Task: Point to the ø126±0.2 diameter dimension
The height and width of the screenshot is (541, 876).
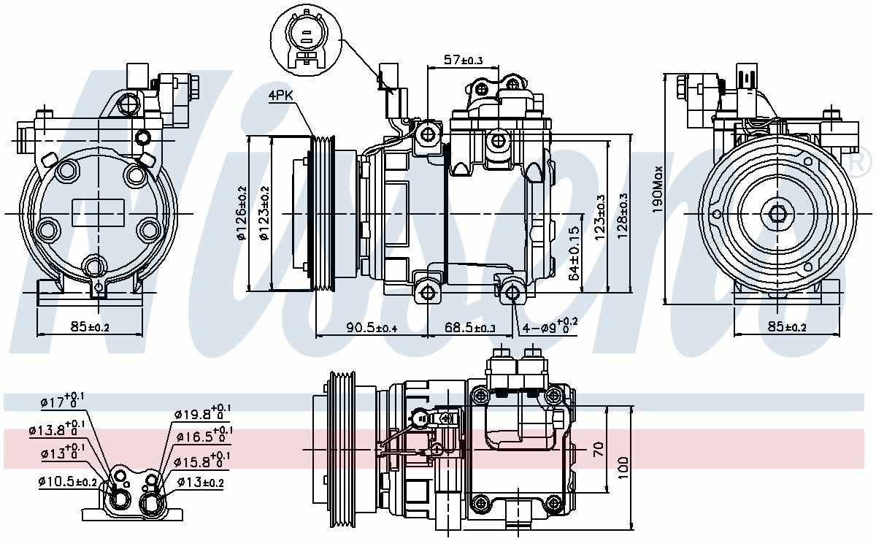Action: tap(242, 213)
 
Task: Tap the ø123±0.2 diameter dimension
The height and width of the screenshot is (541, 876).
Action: tap(264, 213)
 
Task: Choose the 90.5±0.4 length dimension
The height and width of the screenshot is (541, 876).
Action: tap(372, 328)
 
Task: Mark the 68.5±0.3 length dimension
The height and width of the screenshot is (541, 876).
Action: tap(469, 328)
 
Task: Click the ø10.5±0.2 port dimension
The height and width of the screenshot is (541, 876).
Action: tap(68, 482)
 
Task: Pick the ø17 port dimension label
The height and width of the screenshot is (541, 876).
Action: tap(64, 400)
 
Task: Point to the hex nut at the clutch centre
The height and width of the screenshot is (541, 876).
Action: tap(776, 213)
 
